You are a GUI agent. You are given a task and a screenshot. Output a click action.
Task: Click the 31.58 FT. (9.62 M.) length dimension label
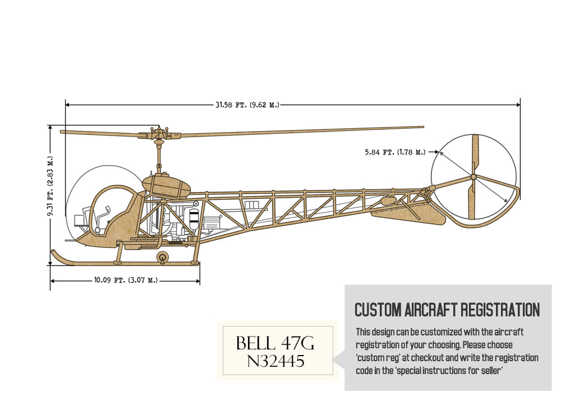tap(247, 104)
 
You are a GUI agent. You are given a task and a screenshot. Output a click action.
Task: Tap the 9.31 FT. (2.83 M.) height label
tap(50, 179)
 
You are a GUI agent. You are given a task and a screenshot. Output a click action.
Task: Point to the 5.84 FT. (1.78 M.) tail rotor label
tap(395, 152)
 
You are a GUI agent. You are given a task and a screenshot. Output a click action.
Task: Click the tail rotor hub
tap(473, 176)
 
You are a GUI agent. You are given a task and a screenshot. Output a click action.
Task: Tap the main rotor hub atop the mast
tap(158, 134)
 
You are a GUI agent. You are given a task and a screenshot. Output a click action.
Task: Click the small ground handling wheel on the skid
tap(163, 257)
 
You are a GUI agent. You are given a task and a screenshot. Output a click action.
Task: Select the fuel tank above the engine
tap(166, 184)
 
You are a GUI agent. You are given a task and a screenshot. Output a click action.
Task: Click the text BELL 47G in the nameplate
tap(279, 343)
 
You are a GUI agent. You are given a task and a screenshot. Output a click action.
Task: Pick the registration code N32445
tap(276, 362)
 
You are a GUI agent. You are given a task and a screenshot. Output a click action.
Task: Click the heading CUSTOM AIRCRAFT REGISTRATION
tap(447, 310)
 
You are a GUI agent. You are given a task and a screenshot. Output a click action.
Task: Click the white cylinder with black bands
tap(194, 218)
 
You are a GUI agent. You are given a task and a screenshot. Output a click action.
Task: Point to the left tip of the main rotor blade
tap(62, 132)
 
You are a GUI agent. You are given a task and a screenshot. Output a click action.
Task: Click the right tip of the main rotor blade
tap(422, 127)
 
